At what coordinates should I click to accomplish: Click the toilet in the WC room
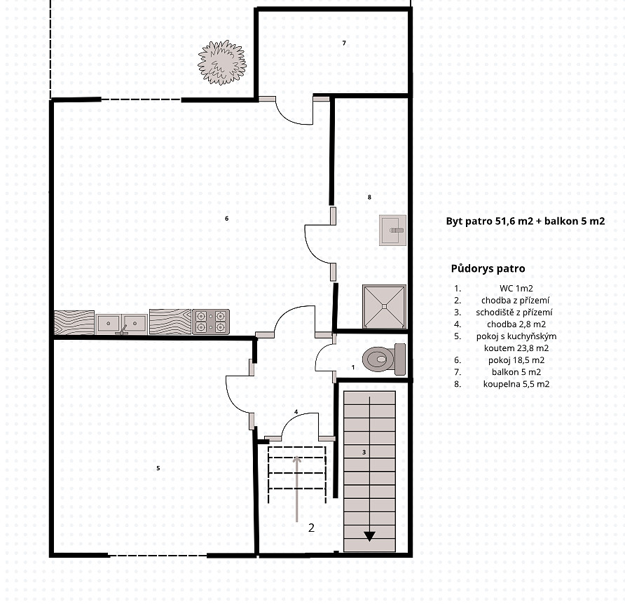384,359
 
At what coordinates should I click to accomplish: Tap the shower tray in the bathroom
384,306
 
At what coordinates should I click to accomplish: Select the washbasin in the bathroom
392,230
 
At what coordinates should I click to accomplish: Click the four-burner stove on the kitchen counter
211,322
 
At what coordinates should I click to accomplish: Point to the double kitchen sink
122,323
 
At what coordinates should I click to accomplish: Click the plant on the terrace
222,62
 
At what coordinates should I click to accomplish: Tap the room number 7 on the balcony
344,43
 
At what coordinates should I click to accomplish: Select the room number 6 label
227,219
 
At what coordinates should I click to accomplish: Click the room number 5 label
158,468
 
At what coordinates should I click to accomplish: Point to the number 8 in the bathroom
369,197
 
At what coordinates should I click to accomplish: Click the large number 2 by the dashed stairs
311,528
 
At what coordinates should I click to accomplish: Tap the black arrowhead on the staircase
369,536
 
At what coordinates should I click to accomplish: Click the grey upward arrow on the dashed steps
296,489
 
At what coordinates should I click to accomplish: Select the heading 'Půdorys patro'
488,268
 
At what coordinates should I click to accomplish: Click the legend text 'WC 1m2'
516,288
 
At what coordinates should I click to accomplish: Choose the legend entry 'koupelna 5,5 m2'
516,384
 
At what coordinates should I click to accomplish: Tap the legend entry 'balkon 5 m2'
516,372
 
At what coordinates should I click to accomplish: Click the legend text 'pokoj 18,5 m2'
516,360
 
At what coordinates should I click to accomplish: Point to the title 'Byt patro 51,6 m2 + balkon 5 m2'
526,221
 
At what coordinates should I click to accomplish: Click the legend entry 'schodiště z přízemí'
514,313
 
